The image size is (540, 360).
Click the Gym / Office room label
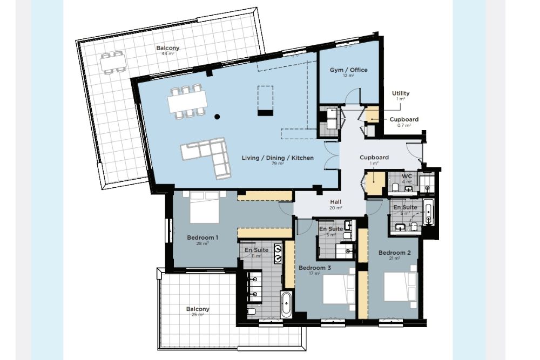348,70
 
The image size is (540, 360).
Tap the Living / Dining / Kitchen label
278,158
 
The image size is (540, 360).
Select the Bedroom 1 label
202,237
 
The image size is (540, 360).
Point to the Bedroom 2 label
394,253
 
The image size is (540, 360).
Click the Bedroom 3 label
315,268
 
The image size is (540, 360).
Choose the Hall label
336,202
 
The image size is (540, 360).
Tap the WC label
407,176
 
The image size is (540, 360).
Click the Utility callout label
401,93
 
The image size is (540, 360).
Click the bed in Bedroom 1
205,208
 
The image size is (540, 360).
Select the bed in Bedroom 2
401,287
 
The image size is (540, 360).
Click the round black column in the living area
217,117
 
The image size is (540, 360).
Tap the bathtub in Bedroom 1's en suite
287,304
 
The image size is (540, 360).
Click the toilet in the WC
395,187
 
